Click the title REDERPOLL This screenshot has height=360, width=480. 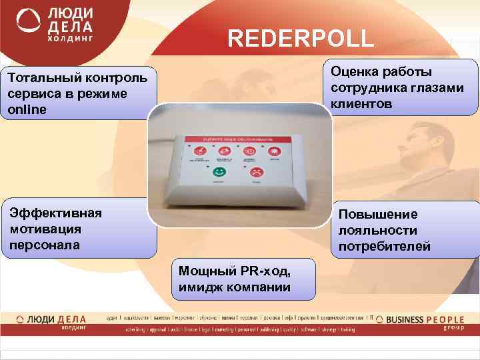tap(301, 38)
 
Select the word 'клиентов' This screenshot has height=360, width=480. tap(364, 104)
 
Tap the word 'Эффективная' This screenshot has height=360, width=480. tap(55, 213)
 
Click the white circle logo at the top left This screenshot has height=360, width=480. tap(27, 23)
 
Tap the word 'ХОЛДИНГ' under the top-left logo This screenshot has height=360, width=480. tap(73, 40)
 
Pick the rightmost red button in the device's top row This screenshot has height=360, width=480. tap(273, 151)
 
